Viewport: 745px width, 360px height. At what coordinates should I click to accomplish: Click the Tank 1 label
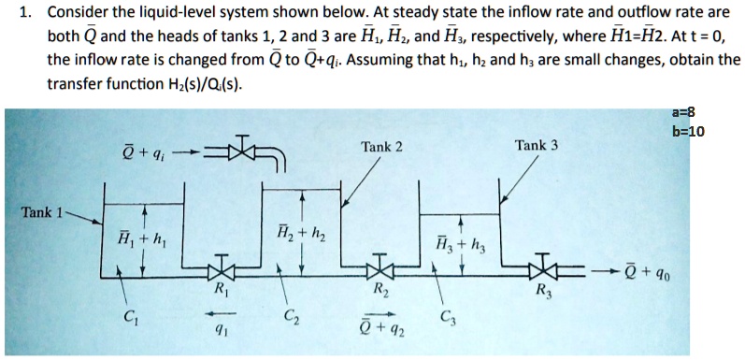coord(39,212)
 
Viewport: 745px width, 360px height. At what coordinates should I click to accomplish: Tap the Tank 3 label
coord(536,145)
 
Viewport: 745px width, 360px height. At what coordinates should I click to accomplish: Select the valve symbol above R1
coord(221,266)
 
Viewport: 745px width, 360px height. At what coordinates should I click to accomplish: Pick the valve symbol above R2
coord(379,266)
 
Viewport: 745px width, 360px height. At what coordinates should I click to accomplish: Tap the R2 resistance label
coord(379,288)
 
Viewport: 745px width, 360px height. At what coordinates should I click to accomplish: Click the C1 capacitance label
coord(140,314)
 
